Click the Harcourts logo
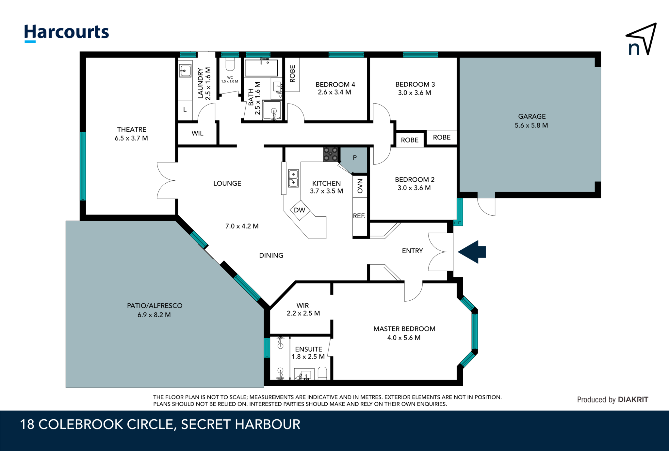point(67,33)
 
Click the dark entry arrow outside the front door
point(473,252)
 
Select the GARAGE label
point(531,116)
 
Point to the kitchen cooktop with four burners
point(330,154)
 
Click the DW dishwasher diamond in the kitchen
point(300,210)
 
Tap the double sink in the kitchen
point(293,178)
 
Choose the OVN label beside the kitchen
point(360,186)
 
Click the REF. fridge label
point(359,216)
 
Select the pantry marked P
point(355,158)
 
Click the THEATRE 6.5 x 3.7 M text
point(131,134)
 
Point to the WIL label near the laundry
point(197,133)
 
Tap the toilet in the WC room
point(230,64)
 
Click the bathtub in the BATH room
point(261,68)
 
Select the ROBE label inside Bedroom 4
point(292,74)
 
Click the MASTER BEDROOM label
point(404,329)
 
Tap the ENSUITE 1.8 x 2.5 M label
point(308,353)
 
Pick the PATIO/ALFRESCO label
point(155,306)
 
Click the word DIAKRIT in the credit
point(633,399)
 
